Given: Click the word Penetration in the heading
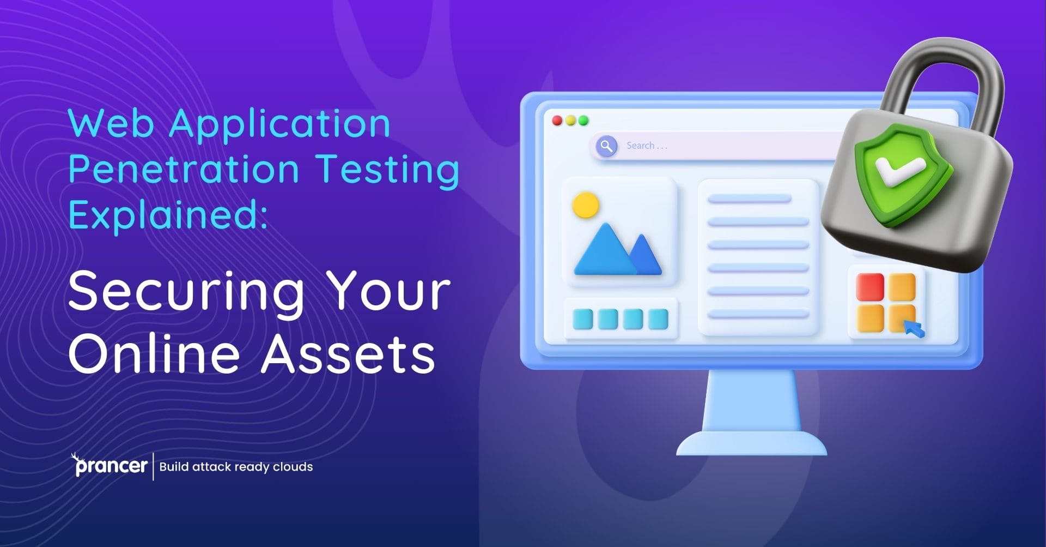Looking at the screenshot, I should [x=184, y=169].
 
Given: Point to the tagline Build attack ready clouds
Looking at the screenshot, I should [x=236, y=467].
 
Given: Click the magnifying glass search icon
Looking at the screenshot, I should [x=606, y=146].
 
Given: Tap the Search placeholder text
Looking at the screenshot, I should [x=646, y=146].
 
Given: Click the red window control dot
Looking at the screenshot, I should [x=557, y=121].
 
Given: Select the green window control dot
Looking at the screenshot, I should [x=583, y=121].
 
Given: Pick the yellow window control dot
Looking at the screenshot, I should [x=570, y=121].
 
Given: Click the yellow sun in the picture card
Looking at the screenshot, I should [x=586, y=206].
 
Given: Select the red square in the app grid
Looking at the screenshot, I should [x=870, y=287].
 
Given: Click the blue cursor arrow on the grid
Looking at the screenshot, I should [x=913, y=329].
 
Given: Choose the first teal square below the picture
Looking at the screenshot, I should [x=582, y=319].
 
